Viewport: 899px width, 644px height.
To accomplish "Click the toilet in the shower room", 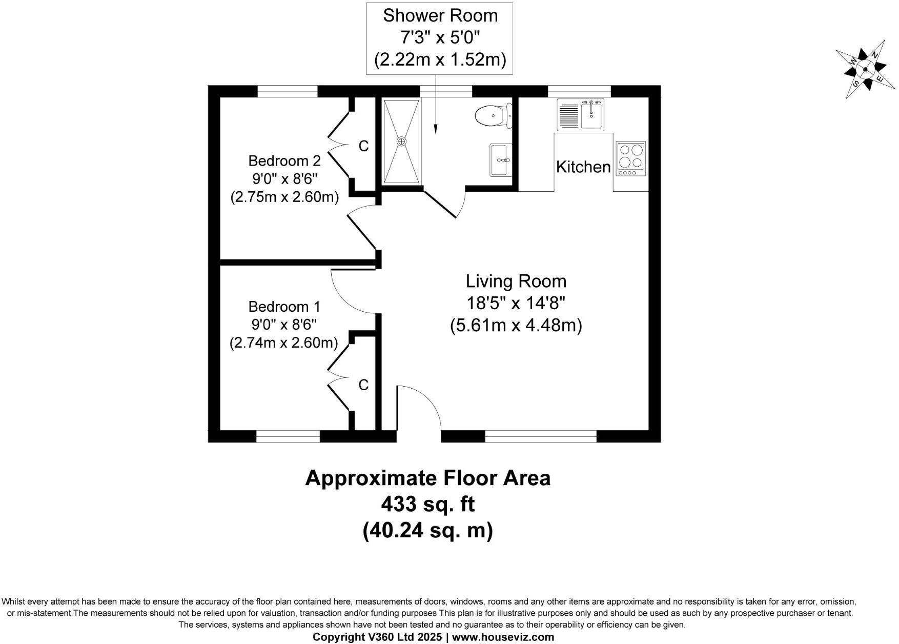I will pyautogui.click(x=493, y=115).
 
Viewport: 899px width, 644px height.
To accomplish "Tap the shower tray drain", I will pyautogui.click(x=402, y=141).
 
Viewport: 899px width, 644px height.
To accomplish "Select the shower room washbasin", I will pyautogui.click(x=500, y=160).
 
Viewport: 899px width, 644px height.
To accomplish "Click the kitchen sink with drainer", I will pyautogui.click(x=581, y=114).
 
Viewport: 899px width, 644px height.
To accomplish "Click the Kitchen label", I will pyautogui.click(x=583, y=167).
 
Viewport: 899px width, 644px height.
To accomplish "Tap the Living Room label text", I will pyautogui.click(x=516, y=281).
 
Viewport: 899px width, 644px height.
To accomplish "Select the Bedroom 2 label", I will pyautogui.click(x=284, y=161).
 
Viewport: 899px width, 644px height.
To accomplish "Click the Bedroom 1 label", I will pyautogui.click(x=284, y=307).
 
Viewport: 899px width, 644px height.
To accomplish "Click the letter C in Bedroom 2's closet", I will pyautogui.click(x=363, y=147).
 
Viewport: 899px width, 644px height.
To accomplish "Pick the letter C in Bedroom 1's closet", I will pyautogui.click(x=363, y=385).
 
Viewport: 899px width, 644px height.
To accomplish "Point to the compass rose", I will pyautogui.click(x=865, y=69).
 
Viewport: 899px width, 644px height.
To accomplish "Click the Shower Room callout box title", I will pyautogui.click(x=440, y=16).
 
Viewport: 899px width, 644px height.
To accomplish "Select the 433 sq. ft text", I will pyautogui.click(x=428, y=505).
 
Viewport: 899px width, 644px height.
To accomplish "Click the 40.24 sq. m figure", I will pyautogui.click(x=428, y=530).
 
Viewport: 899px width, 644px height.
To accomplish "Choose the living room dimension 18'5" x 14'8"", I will pyautogui.click(x=516, y=304).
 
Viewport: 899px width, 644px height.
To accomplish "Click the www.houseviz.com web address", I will pyautogui.click(x=503, y=637).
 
